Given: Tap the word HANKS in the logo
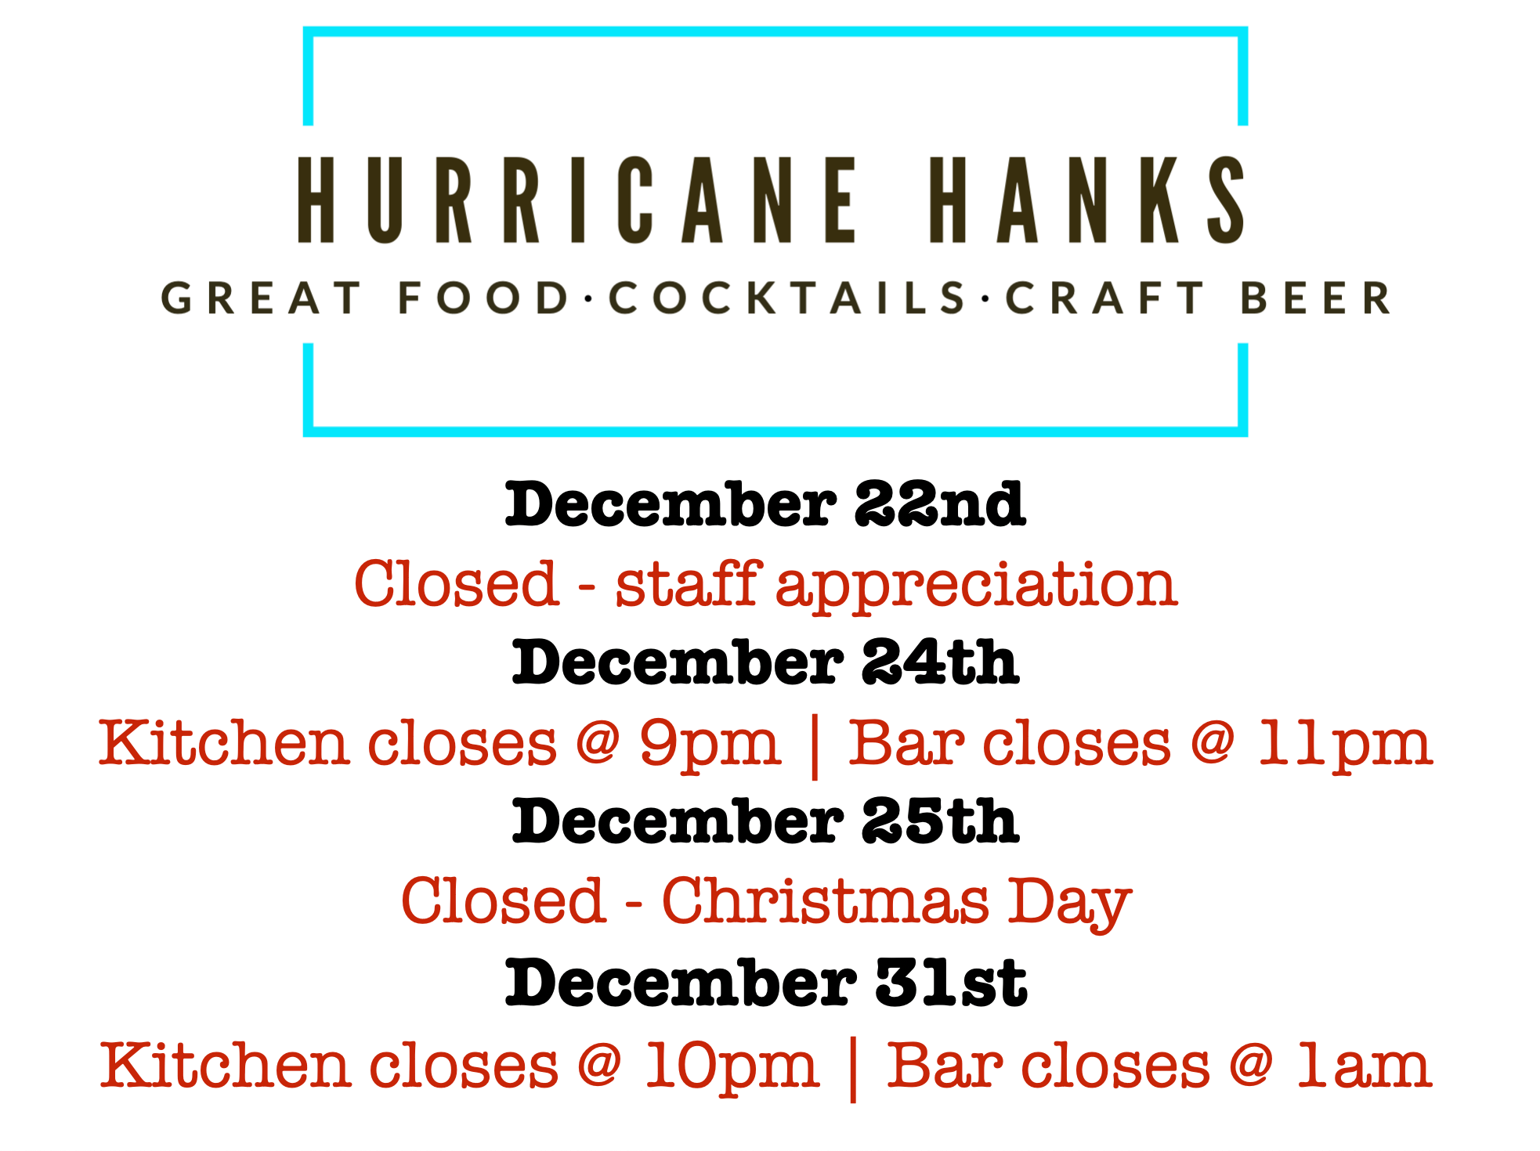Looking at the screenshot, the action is tap(1087, 200).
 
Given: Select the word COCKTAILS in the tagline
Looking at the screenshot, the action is tap(787, 298).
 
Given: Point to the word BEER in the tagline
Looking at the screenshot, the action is tap(1316, 298).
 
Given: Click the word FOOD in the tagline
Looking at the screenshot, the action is tap(483, 298).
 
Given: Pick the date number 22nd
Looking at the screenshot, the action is tap(939, 504).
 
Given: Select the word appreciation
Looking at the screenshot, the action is tap(977, 587).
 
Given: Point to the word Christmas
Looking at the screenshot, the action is tap(826, 900).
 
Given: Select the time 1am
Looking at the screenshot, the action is tap(1364, 1066).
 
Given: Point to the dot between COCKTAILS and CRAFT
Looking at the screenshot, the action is tap(986, 299).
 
